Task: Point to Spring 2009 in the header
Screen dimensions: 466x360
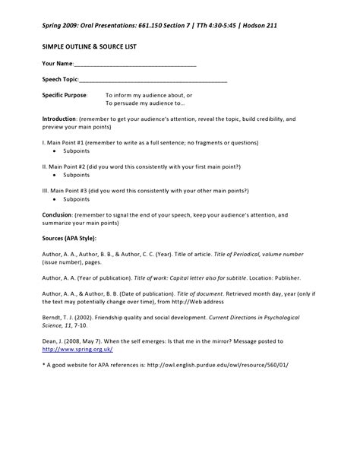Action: tap(62, 25)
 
